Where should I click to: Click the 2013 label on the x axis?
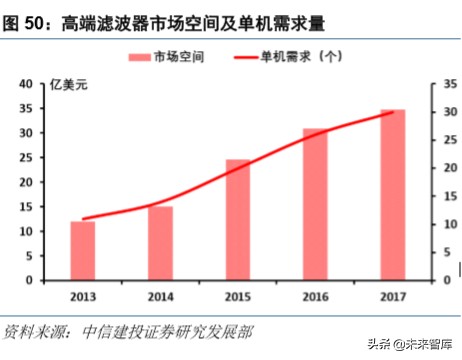[82, 296]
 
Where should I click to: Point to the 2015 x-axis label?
[237, 296]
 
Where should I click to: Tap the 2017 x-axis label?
[392, 296]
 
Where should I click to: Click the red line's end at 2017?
[392, 112]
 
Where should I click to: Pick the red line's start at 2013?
[82, 218]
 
